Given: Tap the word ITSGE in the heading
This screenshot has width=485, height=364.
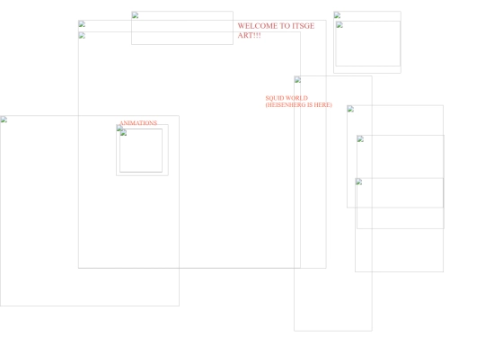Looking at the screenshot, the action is (304, 26).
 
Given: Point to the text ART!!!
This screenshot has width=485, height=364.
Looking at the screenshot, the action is (250, 35).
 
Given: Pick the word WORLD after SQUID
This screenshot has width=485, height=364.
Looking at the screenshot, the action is (296, 98).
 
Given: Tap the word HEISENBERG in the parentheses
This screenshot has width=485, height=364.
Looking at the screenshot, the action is (286, 105).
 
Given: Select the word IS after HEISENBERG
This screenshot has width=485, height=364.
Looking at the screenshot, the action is (310, 105).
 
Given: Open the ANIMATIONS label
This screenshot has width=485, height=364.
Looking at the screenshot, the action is (138, 123).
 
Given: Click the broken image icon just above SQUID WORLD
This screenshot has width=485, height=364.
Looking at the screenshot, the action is (298, 80).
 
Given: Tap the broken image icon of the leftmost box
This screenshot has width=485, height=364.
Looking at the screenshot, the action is (4, 120).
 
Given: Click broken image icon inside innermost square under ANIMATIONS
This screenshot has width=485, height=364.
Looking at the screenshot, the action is (123, 133).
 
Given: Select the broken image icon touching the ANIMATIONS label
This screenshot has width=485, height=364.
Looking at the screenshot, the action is (119, 128).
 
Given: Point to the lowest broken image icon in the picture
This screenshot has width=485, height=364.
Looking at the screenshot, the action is (358, 182).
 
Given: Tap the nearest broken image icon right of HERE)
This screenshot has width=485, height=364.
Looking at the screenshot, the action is (350, 109).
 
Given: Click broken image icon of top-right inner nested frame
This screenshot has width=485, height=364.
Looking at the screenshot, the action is (339, 25).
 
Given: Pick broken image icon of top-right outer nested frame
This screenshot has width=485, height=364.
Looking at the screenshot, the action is (338, 15).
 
